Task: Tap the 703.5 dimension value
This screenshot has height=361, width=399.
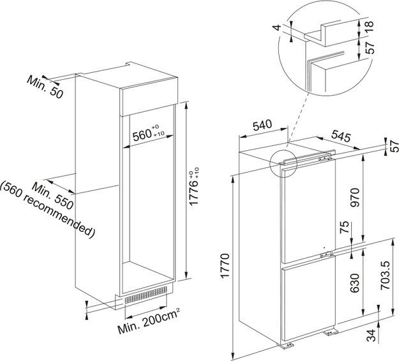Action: (x=385, y=275)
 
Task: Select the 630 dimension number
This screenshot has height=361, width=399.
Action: (x=354, y=283)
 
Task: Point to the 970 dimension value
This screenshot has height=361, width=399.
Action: (x=354, y=197)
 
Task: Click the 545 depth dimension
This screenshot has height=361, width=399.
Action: (x=341, y=137)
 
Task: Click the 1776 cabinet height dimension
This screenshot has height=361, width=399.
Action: (x=195, y=187)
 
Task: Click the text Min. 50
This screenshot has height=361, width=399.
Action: (x=45, y=87)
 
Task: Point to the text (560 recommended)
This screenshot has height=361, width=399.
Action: (x=48, y=210)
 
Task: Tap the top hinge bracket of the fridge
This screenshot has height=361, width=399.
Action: (x=324, y=158)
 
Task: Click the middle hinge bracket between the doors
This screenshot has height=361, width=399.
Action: (x=326, y=254)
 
